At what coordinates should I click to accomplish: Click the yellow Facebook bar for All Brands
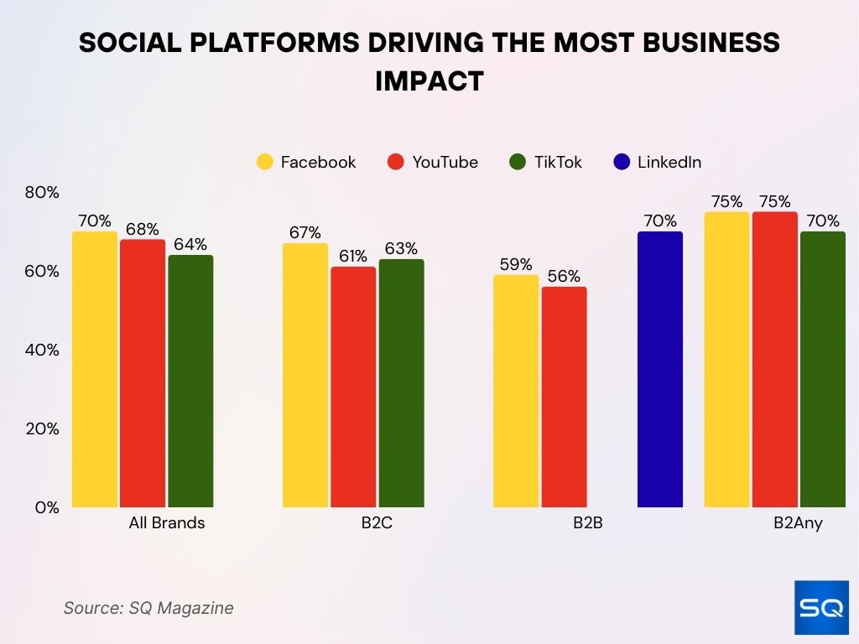[x=95, y=369]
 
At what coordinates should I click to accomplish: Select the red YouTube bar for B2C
[x=353, y=387]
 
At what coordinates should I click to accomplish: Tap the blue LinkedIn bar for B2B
[x=660, y=369]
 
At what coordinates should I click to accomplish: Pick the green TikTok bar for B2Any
[x=823, y=369]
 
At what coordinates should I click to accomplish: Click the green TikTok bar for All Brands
[x=190, y=381]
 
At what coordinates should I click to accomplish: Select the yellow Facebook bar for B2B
[x=516, y=391]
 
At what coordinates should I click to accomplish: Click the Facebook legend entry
[x=306, y=163]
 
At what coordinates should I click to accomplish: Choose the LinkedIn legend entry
[x=657, y=163]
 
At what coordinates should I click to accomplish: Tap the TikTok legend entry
[x=545, y=163]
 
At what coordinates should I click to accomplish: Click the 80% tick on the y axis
[x=42, y=193]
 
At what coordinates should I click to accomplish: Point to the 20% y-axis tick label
[x=42, y=428]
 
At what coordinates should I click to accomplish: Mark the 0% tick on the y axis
[x=47, y=507]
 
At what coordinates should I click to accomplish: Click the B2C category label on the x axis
[x=377, y=523]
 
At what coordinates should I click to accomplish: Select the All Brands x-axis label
[x=167, y=523]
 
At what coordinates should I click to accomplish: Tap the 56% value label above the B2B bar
[x=564, y=276]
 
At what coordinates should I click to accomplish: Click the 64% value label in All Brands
[x=190, y=244]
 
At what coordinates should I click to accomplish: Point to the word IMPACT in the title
[x=429, y=80]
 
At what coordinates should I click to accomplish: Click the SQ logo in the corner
[x=821, y=607]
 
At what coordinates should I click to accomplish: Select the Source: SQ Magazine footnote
[x=148, y=608]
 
